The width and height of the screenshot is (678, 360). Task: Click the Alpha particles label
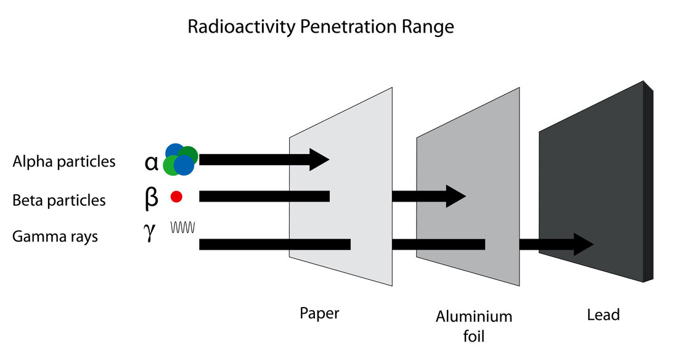coord(63,162)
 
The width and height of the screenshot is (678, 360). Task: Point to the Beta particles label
coord(59,200)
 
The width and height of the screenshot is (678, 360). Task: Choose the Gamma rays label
coord(55,236)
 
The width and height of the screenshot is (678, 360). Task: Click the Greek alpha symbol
coord(152,162)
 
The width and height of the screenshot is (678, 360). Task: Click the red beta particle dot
coord(176,197)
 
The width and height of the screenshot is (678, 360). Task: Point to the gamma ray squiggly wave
coord(183,227)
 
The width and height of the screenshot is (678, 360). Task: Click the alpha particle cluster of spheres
coord(181,159)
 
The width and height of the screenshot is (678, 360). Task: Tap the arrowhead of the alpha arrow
coord(319,160)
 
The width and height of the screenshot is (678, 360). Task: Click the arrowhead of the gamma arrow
coord(583,244)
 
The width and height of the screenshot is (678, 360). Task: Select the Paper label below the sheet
coord(319,313)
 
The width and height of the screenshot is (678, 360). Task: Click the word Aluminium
coord(474,317)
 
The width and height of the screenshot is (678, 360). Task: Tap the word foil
coord(474,337)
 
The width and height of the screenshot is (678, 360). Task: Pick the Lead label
coord(603,315)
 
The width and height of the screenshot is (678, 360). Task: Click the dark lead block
coord(592,185)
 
